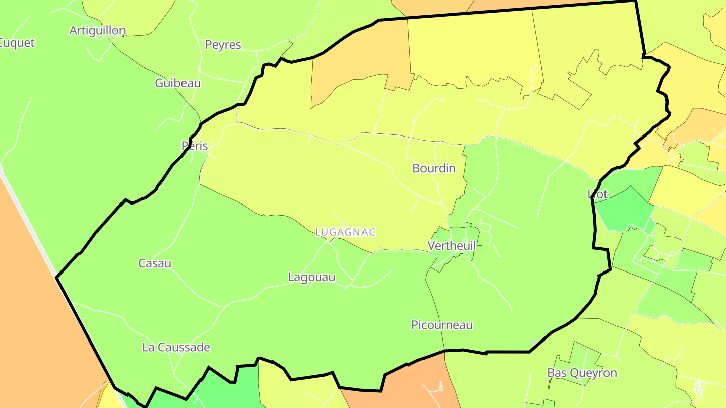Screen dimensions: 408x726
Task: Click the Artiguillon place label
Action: tap(97, 30)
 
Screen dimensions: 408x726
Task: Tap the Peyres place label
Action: tap(223, 45)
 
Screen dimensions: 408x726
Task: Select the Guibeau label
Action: tap(177, 83)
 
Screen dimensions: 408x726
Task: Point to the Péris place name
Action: tap(195, 146)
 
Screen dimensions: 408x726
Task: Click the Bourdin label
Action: tap(434, 168)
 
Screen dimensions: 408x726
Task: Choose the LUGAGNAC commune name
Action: tap(345, 232)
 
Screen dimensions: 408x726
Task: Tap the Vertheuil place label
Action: tap(452, 245)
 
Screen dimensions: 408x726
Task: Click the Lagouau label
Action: tap(312, 277)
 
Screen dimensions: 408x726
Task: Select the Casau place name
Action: tap(155, 263)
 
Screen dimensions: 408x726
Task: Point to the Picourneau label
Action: tap(442, 325)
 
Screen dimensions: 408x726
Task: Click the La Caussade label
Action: tap(176, 347)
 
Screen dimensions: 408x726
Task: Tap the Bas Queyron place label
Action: tap(582, 373)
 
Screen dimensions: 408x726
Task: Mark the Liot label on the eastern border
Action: tap(598, 194)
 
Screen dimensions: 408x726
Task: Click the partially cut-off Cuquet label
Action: tap(17, 43)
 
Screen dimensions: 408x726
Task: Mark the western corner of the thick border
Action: tap(57, 277)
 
